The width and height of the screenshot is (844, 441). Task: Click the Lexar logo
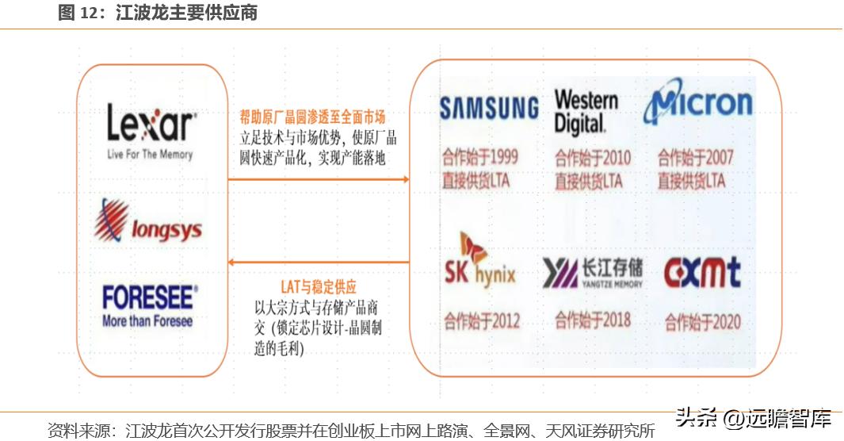pyautogui.click(x=151, y=131)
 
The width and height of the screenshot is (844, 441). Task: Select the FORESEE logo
pyautogui.click(x=149, y=305)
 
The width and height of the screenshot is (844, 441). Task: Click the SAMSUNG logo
pyautogui.click(x=489, y=108)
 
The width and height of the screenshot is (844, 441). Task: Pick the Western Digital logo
pyautogui.click(x=586, y=111)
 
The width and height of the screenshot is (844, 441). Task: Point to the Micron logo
pyautogui.click(x=698, y=104)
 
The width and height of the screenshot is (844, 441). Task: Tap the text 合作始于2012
pyautogui.click(x=483, y=321)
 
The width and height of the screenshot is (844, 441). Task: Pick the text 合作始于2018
pyautogui.click(x=593, y=320)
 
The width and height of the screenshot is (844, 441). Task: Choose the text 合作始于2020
pyautogui.click(x=703, y=322)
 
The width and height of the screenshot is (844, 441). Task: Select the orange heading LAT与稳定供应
pyautogui.click(x=319, y=287)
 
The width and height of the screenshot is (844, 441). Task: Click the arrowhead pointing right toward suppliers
pyautogui.click(x=405, y=179)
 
